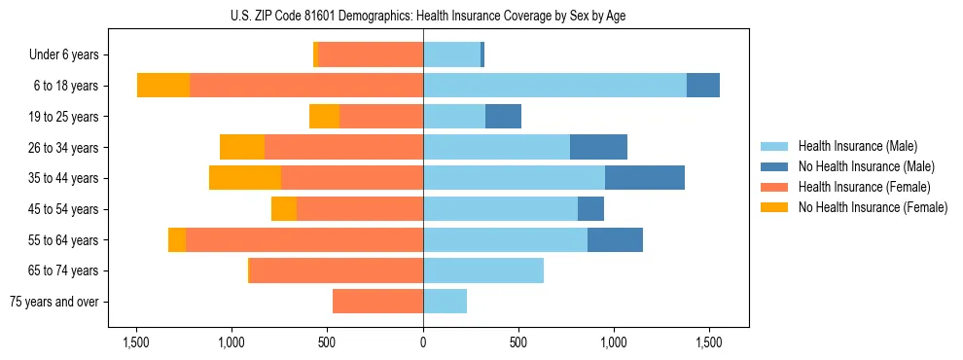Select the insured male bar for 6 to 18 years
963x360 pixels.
[x=554, y=86]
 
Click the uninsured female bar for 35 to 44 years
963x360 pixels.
[x=245, y=178]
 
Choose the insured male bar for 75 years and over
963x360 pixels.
[x=445, y=302]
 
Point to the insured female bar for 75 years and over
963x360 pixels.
[x=377, y=302]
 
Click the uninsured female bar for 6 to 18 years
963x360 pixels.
[x=163, y=86]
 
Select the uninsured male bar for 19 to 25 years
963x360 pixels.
[x=503, y=117]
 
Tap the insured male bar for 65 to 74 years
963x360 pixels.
[x=483, y=270]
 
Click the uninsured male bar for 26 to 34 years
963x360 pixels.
[x=598, y=147]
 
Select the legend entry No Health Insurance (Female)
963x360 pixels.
[x=873, y=207]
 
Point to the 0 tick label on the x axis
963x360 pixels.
[x=423, y=342]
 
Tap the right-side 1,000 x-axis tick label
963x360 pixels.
[x=614, y=342]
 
